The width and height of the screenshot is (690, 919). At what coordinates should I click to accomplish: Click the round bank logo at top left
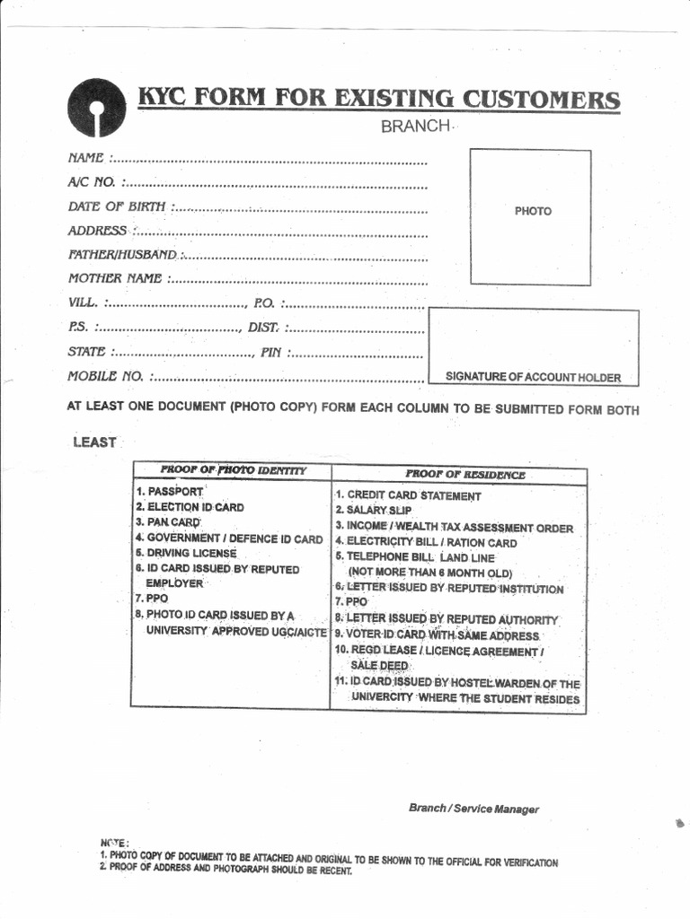(96, 108)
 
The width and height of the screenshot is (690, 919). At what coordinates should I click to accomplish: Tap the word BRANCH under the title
(414, 127)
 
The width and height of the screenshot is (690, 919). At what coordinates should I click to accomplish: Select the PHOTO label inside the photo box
(533, 211)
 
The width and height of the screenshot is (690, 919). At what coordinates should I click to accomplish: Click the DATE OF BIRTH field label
(117, 206)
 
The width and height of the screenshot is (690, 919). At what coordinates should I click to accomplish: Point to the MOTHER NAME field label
(115, 278)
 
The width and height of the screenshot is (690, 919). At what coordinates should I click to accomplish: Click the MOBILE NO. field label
(106, 376)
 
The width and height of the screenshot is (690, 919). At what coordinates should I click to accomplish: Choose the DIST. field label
(263, 328)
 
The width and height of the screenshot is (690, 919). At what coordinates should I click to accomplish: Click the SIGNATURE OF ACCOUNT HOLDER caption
(533, 377)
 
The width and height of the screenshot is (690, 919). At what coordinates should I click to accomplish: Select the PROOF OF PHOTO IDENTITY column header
(233, 470)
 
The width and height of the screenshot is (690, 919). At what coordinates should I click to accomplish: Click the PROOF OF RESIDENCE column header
(464, 474)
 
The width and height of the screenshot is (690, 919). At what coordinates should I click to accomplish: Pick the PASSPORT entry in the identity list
(170, 492)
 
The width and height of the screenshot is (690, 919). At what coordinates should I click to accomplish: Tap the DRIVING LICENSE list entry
(186, 554)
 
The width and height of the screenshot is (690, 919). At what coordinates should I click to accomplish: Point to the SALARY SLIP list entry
(373, 511)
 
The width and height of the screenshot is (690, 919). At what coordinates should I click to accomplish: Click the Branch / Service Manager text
(473, 809)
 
